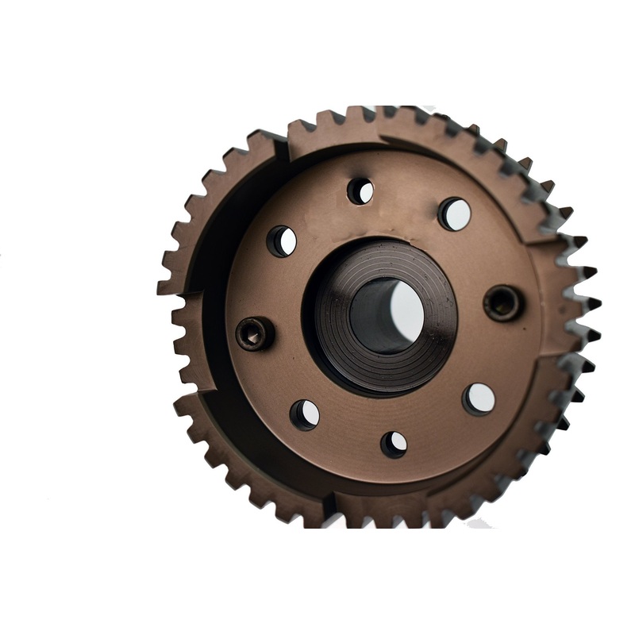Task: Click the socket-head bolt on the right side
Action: click(503, 302)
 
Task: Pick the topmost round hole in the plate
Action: click(360, 190)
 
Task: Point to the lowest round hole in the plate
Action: click(394, 444)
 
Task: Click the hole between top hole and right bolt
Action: click(455, 214)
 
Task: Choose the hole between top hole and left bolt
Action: click(281, 241)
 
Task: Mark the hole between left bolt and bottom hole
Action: click(305, 414)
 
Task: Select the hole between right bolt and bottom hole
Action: click(479, 398)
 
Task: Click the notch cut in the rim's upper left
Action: click(280, 143)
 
